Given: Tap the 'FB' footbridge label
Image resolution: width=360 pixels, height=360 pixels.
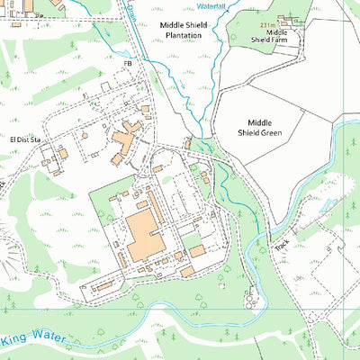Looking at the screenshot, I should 128,64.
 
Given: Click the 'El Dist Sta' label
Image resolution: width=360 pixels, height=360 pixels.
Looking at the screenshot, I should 26,139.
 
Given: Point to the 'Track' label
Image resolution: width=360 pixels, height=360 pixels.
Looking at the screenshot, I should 282,242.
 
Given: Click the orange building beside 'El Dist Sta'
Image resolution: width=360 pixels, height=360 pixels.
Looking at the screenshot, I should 61,154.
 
